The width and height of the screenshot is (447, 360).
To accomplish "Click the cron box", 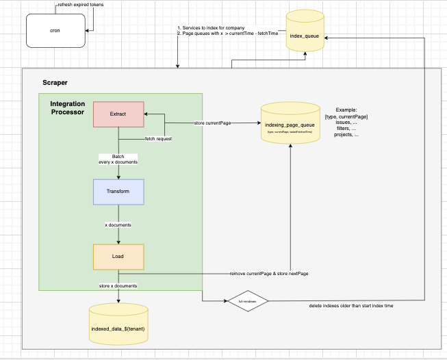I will pyautogui.click(x=57, y=30).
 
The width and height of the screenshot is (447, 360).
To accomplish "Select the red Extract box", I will pyautogui.click(x=118, y=114).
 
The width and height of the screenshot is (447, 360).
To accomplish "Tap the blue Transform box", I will pyautogui.click(x=118, y=192).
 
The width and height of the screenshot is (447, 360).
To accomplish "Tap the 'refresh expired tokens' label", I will pyautogui.click(x=80, y=5).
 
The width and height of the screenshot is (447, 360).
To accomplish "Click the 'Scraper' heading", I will pyautogui.click(x=55, y=81).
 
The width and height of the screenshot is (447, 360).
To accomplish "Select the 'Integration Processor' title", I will pyautogui.click(x=66, y=107).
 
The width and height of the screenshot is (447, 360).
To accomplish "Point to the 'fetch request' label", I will pyautogui.click(x=158, y=139).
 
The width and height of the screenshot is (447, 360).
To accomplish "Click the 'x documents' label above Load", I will pyautogui.click(x=118, y=224).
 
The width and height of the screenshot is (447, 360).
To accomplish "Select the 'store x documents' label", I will pyautogui.click(x=118, y=285).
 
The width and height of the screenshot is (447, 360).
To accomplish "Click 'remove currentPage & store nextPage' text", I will pyautogui.click(x=264, y=273).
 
